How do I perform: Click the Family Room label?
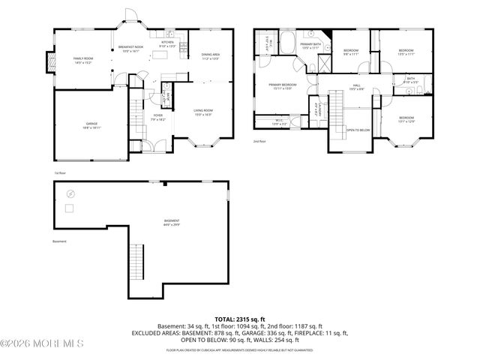(x=82, y=60)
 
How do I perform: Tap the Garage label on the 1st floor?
(x=91, y=125)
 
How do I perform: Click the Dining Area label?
(x=210, y=56)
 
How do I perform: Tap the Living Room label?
(x=204, y=112)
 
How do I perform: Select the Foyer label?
(x=157, y=117)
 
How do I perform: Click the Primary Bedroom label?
(x=283, y=86)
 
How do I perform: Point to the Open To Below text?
(x=358, y=130)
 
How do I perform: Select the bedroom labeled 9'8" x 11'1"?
(x=351, y=52)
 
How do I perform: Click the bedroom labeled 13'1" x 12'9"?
(x=406, y=119)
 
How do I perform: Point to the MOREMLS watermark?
(x=42, y=344)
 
